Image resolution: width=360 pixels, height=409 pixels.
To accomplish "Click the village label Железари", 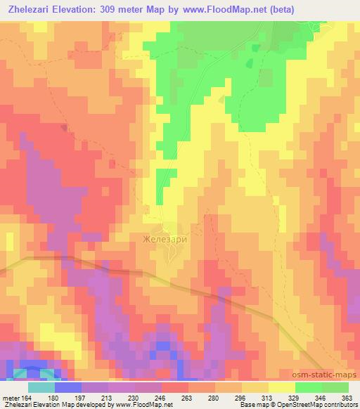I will tap(167, 238).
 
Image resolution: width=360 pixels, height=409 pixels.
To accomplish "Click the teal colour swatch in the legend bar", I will tap(41, 387).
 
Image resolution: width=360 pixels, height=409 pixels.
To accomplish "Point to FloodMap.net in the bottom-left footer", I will tap(152, 404).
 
